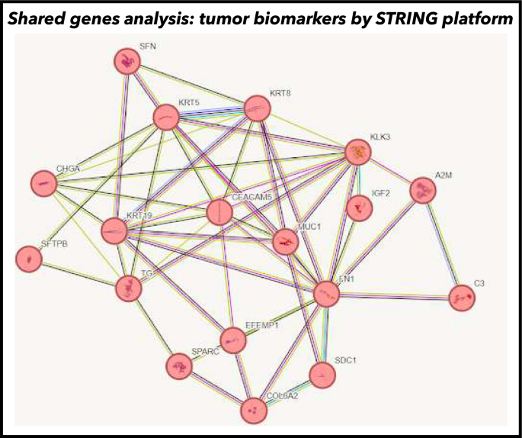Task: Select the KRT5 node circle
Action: [x=166, y=118]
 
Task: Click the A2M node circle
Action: [x=423, y=191]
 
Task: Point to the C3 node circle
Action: [x=461, y=298]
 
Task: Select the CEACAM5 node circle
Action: [x=219, y=212]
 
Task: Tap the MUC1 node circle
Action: [x=286, y=241]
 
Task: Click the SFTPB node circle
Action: [x=29, y=259]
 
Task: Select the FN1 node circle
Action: [x=326, y=294]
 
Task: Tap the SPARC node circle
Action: [x=179, y=368]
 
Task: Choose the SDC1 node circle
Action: [x=322, y=374]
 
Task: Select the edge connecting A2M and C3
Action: [x=442, y=244]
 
